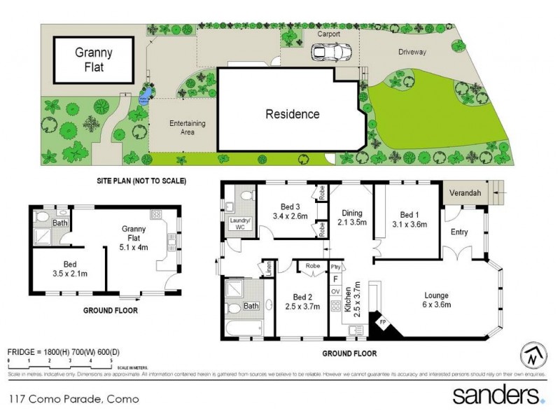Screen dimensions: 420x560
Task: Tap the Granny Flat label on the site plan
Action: pyautogui.click(x=93, y=59)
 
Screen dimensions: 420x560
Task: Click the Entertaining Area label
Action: pyautogui.click(x=187, y=127)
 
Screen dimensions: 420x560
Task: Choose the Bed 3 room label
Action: pyautogui.click(x=290, y=211)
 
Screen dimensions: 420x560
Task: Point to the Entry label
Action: pyautogui.click(x=460, y=232)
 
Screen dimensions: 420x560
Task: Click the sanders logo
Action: pyautogui.click(x=498, y=395)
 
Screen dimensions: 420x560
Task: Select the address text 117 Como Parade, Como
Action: pyautogui.click(x=73, y=400)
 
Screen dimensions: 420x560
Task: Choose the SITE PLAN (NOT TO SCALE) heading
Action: pyautogui.click(x=141, y=181)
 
